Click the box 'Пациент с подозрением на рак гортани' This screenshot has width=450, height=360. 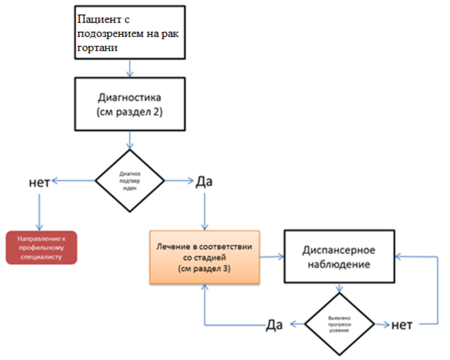(129, 33)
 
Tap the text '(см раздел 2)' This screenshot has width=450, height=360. (129, 112)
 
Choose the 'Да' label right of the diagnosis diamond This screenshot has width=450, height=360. (205, 183)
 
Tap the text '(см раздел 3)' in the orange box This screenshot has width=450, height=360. (205, 270)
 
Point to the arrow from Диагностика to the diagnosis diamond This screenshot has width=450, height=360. (129, 141)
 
